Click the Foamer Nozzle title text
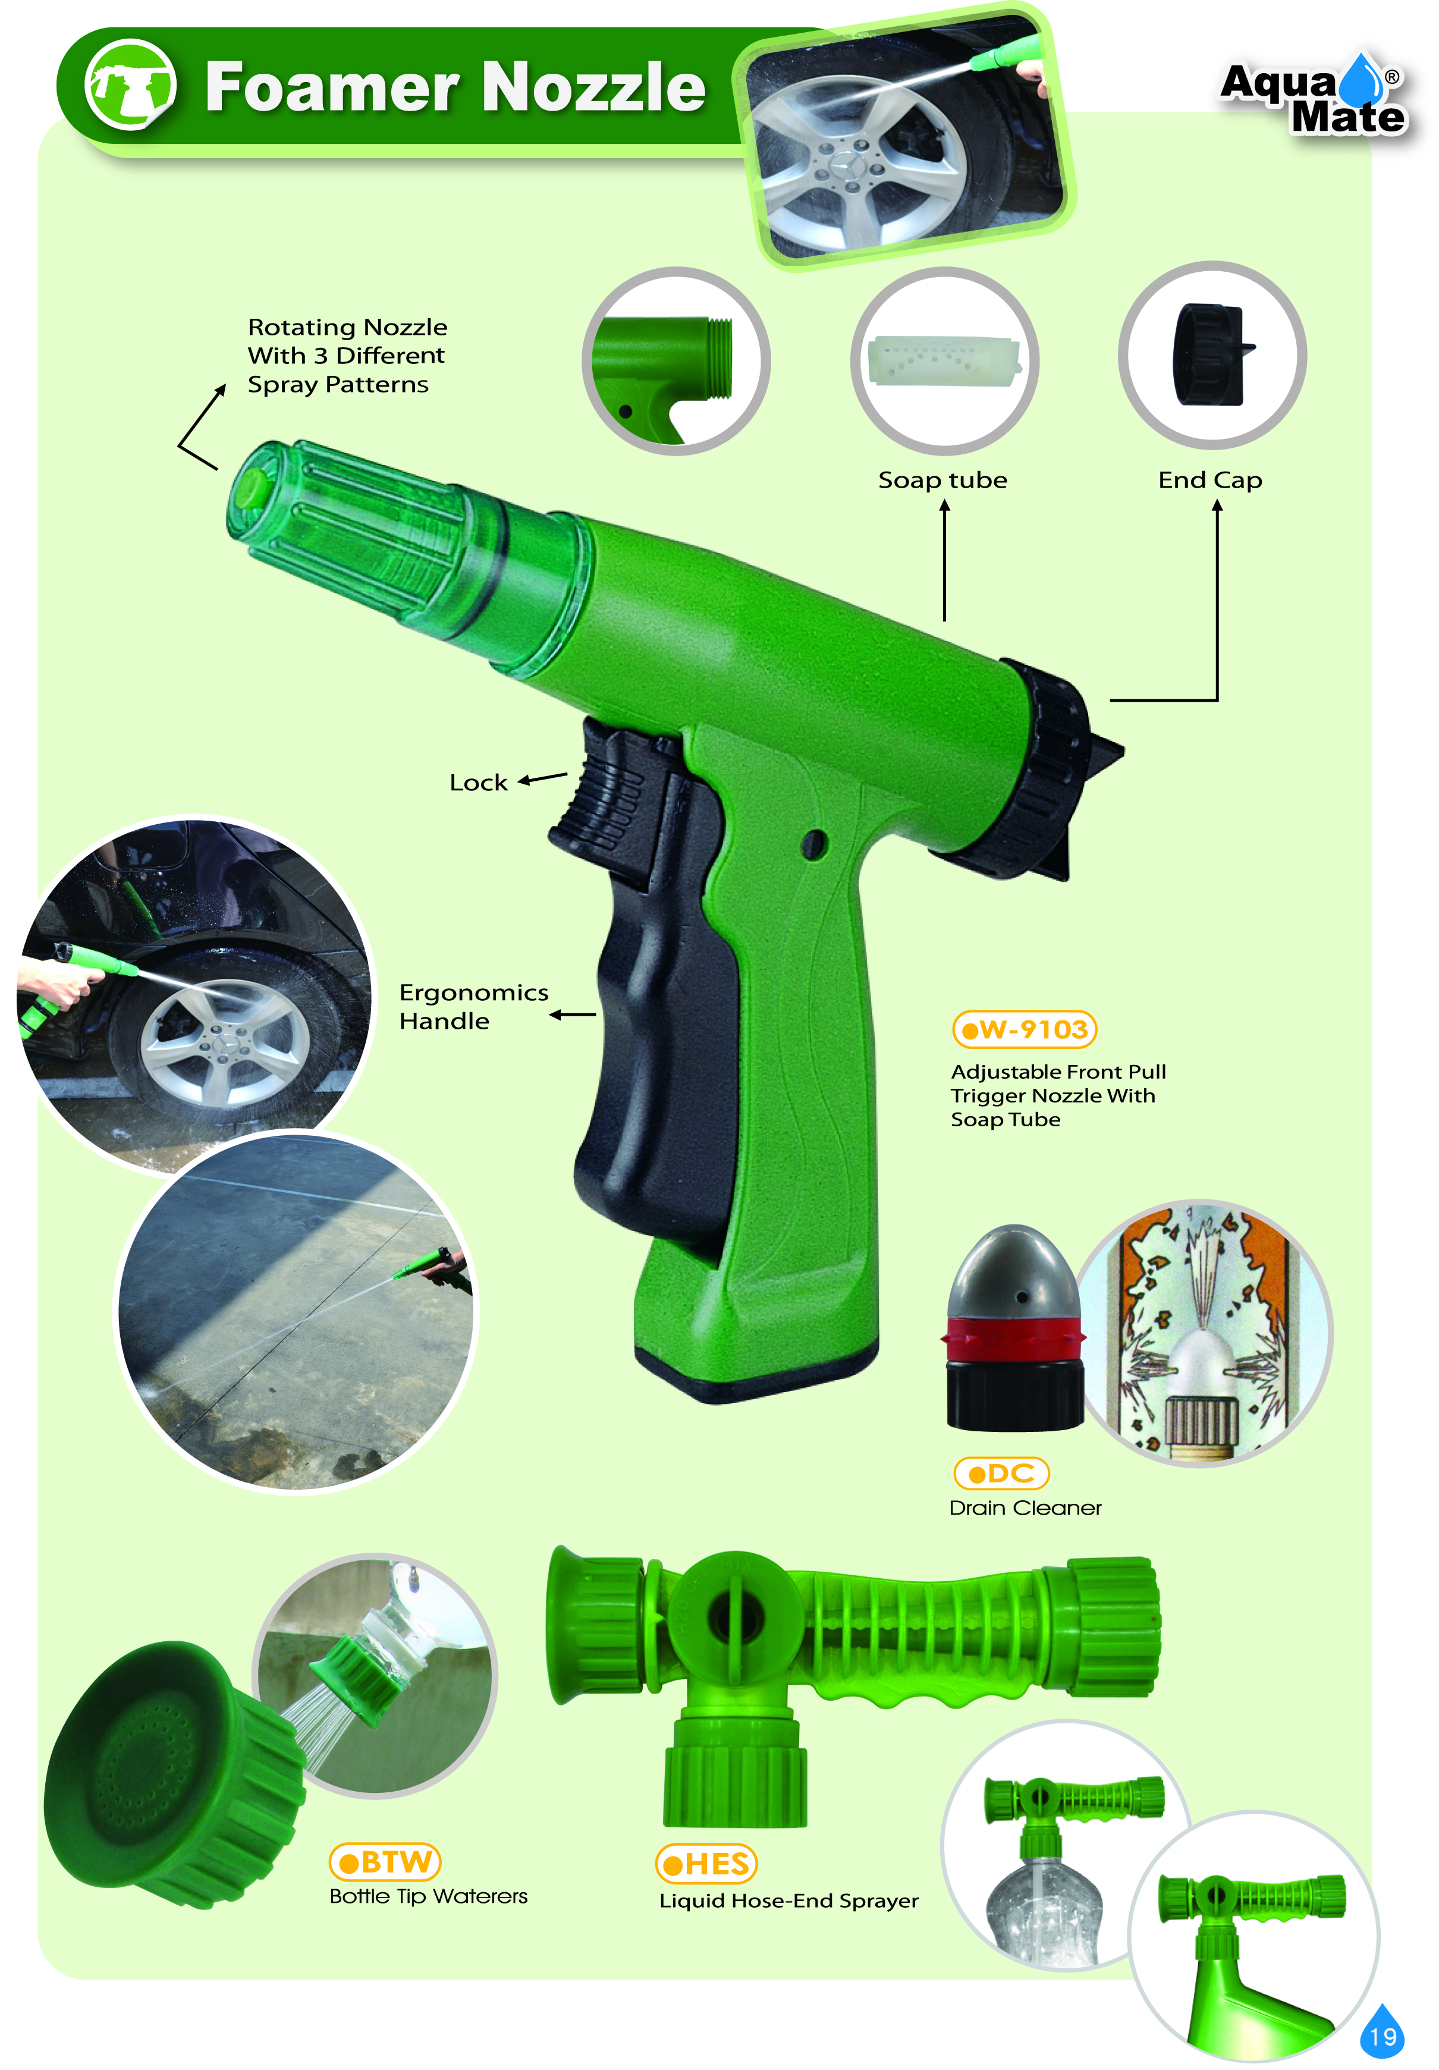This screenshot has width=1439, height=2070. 455,87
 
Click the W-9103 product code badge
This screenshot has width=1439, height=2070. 1025,1029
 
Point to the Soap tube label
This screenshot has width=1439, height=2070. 942,480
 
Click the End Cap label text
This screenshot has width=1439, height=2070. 1210,480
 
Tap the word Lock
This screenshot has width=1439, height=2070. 478,783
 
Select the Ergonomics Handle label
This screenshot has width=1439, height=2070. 473,1006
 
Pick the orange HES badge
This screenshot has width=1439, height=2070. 706,1862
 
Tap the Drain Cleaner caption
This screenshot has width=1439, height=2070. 1025,1507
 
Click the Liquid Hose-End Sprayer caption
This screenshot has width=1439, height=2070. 789,1901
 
